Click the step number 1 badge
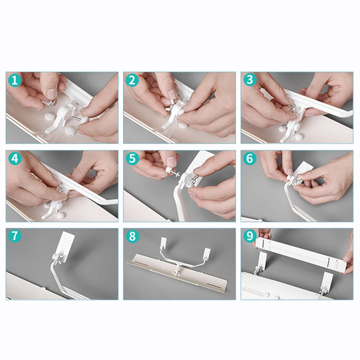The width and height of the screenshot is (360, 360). pos(15,81)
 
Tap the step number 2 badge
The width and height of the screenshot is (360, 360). pos(132,81)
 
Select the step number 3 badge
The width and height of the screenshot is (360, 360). pos(250,80)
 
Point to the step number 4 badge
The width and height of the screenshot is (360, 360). pos(15,158)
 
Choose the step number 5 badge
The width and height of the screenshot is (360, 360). pos(132,158)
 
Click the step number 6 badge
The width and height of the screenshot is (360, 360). pos(250,158)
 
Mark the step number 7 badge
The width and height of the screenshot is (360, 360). pos(15,236)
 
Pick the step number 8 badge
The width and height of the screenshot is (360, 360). pos(132,236)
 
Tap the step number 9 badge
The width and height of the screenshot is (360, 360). pos(250,236)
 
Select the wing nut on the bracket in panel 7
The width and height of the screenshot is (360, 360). pos(58,260)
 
